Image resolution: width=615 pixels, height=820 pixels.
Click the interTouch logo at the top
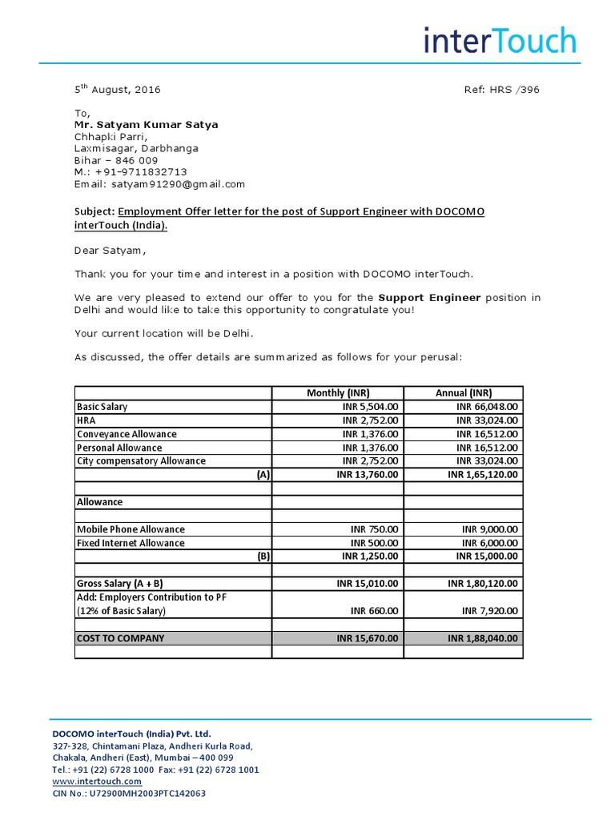click(x=500, y=40)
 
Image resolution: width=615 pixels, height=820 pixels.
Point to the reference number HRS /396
click(x=501, y=90)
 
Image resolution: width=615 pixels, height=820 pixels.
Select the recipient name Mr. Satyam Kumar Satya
click(x=146, y=125)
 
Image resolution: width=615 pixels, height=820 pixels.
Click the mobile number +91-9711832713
click(x=141, y=172)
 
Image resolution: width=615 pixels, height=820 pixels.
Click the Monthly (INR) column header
click(x=338, y=393)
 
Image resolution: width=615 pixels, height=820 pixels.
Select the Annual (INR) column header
click(x=464, y=393)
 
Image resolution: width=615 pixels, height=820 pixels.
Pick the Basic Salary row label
click(x=102, y=407)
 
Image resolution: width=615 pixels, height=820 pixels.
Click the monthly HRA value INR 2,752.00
click(x=370, y=420)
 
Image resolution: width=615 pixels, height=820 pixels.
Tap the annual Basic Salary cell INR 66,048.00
click(x=487, y=407)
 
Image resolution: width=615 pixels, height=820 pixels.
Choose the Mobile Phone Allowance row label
click(x=131, y=529)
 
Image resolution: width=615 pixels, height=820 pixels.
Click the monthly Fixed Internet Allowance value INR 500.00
click(x=374, y=543)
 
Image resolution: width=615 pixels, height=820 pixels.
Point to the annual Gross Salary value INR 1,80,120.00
click(x=482, y=584)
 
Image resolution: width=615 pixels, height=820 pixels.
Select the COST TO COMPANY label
click(x=120, y=638)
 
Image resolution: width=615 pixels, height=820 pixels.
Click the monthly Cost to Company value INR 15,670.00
click(x=368, y=638)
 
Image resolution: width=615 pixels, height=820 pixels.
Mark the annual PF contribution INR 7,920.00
click(x=490, y=611)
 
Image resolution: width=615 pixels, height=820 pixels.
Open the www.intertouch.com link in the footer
click(x=97, y=782)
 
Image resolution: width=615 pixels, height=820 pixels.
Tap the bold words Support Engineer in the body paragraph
click(x=429, y=298)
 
